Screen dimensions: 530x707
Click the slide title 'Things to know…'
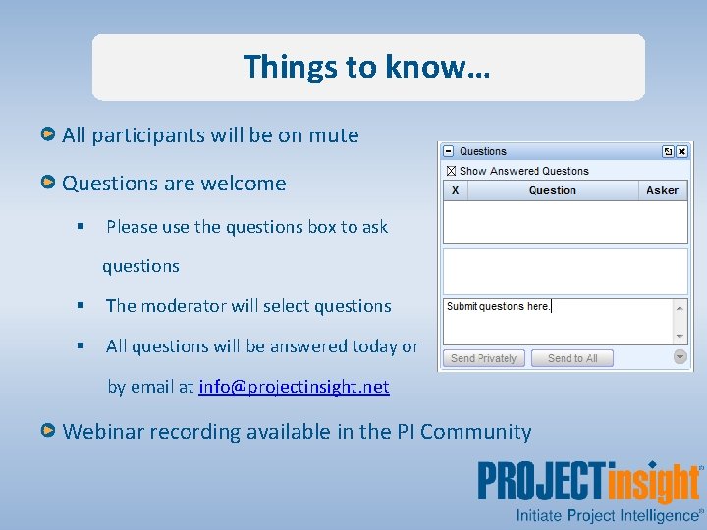click(367, 67)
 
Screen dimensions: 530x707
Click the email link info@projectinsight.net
click(294, 387)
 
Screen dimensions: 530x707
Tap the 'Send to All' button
click(572, 358)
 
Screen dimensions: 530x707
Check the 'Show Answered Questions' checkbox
click(451, 171)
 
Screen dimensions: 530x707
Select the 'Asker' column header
click(662, 190)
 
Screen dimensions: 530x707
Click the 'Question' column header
click(552, 190)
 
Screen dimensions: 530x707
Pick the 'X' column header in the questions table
click(455, 190)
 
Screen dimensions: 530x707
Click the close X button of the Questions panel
click(682, 151)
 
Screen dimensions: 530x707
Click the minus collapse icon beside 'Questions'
click(449, 151)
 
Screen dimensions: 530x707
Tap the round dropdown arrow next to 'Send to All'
click(680, 357)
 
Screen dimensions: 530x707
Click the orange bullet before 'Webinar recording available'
click(48, 431)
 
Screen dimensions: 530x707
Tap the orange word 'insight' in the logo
click(653, 484)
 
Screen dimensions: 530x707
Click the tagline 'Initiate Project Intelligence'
click(607, 514)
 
